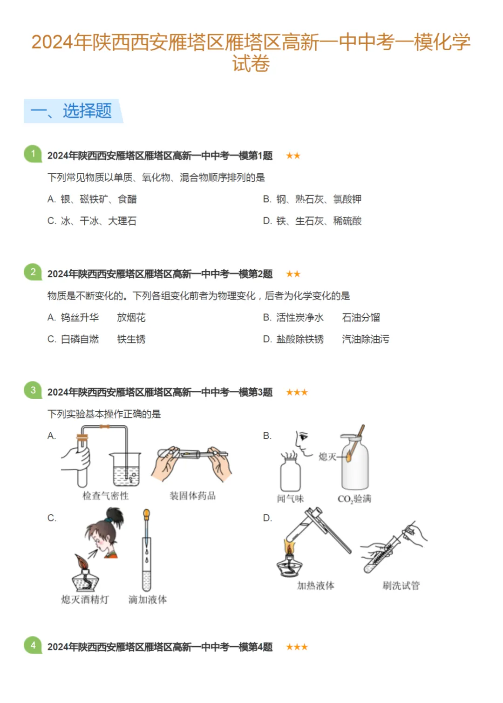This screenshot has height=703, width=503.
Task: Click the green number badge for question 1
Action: [33, 154]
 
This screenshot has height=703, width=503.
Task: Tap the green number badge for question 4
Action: [33, 645]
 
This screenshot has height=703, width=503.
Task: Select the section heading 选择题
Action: [87, 111]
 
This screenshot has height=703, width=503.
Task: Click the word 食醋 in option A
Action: [127, 199]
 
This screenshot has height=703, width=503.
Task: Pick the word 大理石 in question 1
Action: [122, 221]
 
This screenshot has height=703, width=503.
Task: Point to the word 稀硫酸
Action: [347, 221]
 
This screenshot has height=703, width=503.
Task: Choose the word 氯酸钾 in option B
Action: [347, 199]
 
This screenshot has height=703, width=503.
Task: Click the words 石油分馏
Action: [361, 317]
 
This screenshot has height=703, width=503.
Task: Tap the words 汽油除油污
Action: [366, 339]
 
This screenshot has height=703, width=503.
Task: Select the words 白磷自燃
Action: [80, 339]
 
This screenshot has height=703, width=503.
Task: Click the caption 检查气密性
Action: [105, 496]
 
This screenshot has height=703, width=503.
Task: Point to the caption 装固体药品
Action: [192, 496]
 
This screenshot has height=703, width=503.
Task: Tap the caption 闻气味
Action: [290, 498]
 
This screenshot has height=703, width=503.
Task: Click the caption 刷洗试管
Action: [401, 585]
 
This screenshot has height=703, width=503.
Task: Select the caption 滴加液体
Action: [148, 600]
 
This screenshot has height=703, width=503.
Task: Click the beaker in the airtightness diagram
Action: [125, 469]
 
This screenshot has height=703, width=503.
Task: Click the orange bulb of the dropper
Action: [146, 515]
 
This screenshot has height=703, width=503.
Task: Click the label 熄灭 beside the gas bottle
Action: [327, 457]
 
